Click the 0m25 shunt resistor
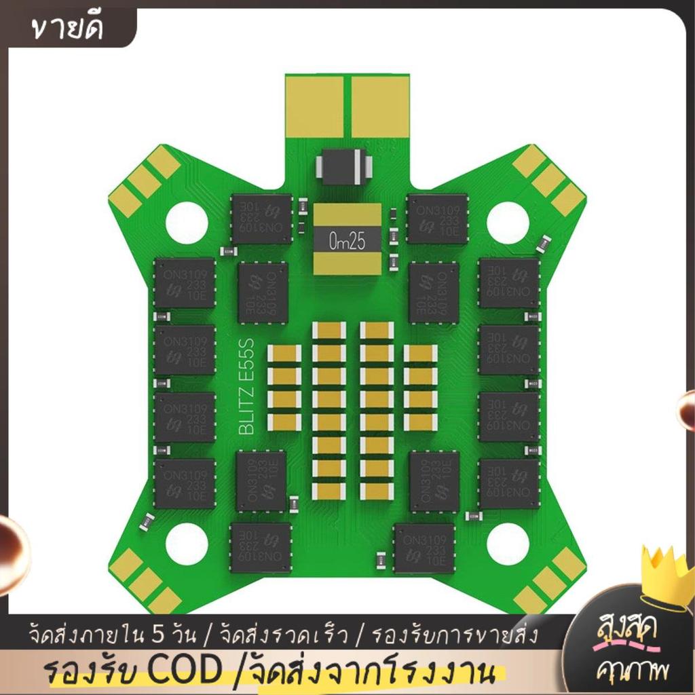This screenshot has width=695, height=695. click(x=347, y=240)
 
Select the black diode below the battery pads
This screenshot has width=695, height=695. click(x=344, y=166)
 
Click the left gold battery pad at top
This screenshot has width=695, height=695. click(x=314, y=107)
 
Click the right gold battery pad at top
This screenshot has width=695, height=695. click(x=380, y=107)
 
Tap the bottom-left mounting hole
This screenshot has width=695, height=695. click(x=187, y=545)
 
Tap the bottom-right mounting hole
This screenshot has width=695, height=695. click(x=508, y=545)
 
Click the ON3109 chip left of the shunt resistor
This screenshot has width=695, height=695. click(x=262, y=219)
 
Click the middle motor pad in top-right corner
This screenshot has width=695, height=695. click(x=549, y=181)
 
